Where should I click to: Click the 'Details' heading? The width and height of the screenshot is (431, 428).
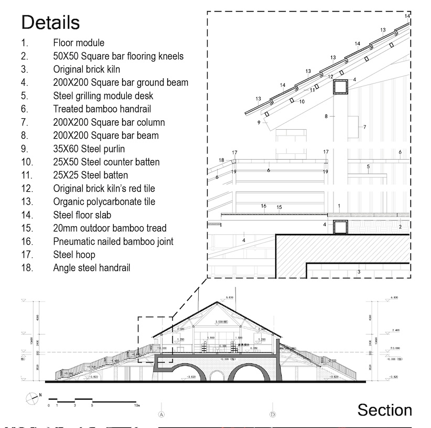pyautogui.click(x=50, y=23)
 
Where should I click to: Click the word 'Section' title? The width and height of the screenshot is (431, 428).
pyautogui.click(x=384, y=410)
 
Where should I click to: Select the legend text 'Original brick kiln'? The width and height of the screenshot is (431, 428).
pyautogui.click(x=87, y=69)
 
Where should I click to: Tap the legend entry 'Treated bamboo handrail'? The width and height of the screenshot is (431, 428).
pyautogui.click(x=102, y=109)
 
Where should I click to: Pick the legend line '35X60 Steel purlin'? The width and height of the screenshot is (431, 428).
pyautogui.click(x=89, y=149)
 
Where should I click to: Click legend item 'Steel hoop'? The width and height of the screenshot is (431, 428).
pyautogui.click(x=74, y=255)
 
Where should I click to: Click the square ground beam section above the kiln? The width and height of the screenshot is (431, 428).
pyautogui.click(x=341, y=227)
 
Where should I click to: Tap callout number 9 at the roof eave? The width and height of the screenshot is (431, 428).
pyautogui.click(x=259, y=123)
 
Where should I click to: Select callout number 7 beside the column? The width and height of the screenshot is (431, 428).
pyautogui.click(x=364, y=127)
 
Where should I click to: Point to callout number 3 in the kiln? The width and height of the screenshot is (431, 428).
pyautogui.click(x=359, y=272)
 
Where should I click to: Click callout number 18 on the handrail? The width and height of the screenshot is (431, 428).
pyautogui.click(x=221, y=160)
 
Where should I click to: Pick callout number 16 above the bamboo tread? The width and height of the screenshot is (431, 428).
pyautogui.click(x=264, y=206)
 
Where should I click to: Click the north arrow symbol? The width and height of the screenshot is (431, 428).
pyautogui.click(x=31, y=398)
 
